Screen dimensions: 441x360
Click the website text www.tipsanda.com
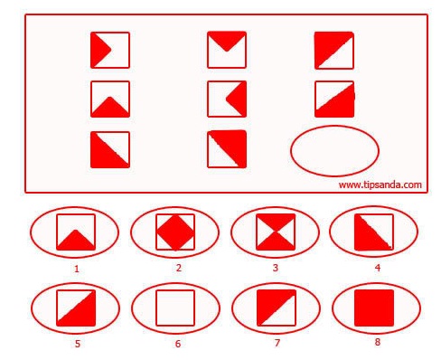pos(380,185)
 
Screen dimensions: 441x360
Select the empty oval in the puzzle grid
pos(334,126)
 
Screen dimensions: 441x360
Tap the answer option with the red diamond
pos(175,232)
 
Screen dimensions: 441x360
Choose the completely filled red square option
pos(374,308)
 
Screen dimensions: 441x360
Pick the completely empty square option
pos(175,308)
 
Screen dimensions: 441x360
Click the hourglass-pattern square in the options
pos(276,232)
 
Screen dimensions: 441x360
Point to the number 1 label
pos(77,269)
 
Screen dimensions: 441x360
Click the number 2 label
pos(179,268)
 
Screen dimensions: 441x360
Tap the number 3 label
pos(276,268)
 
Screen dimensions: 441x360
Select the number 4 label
pos(378,268)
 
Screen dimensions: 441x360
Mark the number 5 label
pos(78,344)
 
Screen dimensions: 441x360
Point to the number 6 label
pos(178,344)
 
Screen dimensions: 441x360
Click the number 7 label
pos(277,343)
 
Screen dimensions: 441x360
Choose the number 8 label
pos(378,342)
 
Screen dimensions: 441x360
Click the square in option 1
pos(76,232)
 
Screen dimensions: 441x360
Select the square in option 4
pos(374,232)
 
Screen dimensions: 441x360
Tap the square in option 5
pos(76,308)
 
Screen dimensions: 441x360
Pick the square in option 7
pos(277,308)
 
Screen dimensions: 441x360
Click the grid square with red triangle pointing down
pos(227,50)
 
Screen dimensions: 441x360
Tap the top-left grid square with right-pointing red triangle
pos(110,50)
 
